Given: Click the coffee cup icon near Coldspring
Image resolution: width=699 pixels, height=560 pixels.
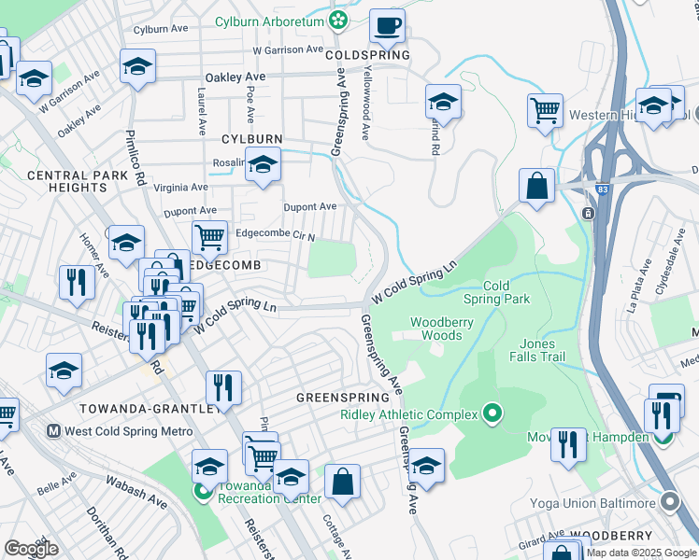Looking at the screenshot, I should (x=387, y=25).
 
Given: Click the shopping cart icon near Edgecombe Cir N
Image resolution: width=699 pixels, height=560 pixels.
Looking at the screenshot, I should (x=209, y=237).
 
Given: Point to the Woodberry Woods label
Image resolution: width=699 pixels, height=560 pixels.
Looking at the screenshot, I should (x=436, y=329).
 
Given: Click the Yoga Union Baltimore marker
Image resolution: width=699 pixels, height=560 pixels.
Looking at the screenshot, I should (x=669, y=503).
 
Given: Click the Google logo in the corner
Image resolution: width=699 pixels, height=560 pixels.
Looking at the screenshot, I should (x=31, y=549).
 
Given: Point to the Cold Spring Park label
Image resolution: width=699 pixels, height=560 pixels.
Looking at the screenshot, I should (x=497, y=292).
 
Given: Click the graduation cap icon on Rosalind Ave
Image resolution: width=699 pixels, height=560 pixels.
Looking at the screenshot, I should (x=264, y=164).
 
